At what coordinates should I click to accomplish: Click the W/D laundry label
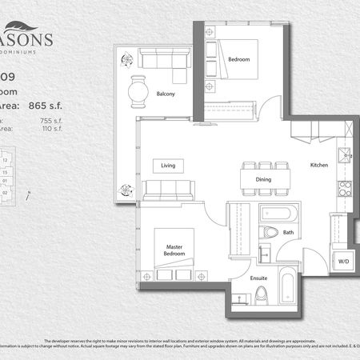(x=343, y=261)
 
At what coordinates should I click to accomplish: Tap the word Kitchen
(x=320, y=166)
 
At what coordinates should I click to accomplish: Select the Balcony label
(x=165, y=94)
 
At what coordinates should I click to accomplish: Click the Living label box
(x=169, y=166)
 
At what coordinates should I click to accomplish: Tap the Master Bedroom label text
(x=175, y=250)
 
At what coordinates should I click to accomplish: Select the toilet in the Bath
(x=270, y=233)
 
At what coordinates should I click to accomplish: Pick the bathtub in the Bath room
(x=278, y=214)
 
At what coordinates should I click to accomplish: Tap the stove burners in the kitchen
(x=345, y=189)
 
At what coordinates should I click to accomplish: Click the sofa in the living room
(x=168, y=190)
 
